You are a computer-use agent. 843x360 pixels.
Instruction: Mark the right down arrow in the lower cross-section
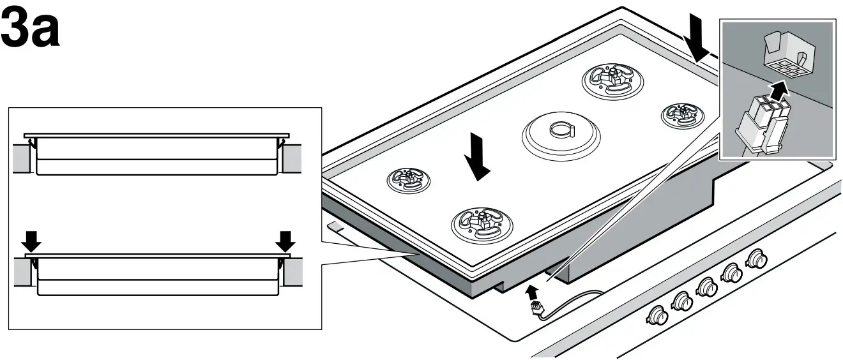pyautogui.click(x=285, y=241)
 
